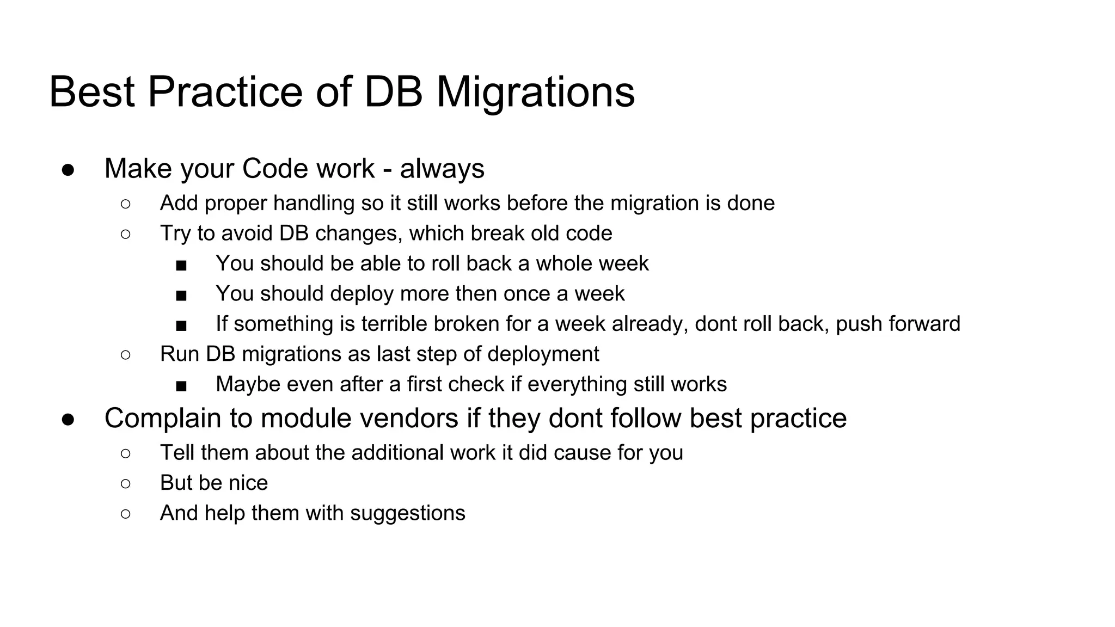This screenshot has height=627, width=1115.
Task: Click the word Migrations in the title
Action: click(x=535, y=92)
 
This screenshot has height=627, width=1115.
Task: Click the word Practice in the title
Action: click(x=224, y=92)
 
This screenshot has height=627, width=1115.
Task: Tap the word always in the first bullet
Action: click(x=442, y=169)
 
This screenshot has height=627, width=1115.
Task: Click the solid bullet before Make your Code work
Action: click(x=68, y=169)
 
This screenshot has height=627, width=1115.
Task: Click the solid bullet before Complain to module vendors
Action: click(x=68, y=419)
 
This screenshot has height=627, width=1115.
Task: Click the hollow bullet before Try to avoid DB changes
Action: click(x=125, y=234)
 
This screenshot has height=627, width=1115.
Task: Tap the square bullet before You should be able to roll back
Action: click(x=181, y=265)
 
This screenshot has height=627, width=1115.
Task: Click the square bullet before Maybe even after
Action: click(x=181, y=386)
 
